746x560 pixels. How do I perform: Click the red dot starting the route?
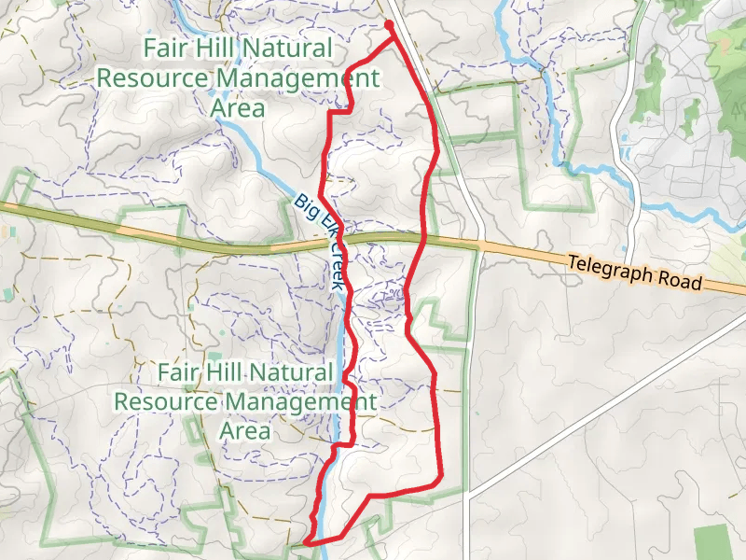point(387,25)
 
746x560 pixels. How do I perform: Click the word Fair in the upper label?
point(163,48)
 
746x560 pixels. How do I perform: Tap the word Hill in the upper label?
point(214,48)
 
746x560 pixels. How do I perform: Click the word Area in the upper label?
point(238,108)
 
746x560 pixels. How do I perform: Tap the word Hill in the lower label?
point(227,371)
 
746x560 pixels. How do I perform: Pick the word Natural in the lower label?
point(297,371)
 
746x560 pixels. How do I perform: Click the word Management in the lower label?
point(307,403)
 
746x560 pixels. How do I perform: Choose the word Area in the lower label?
point(244,431)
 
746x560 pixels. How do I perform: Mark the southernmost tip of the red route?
point(307,540)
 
